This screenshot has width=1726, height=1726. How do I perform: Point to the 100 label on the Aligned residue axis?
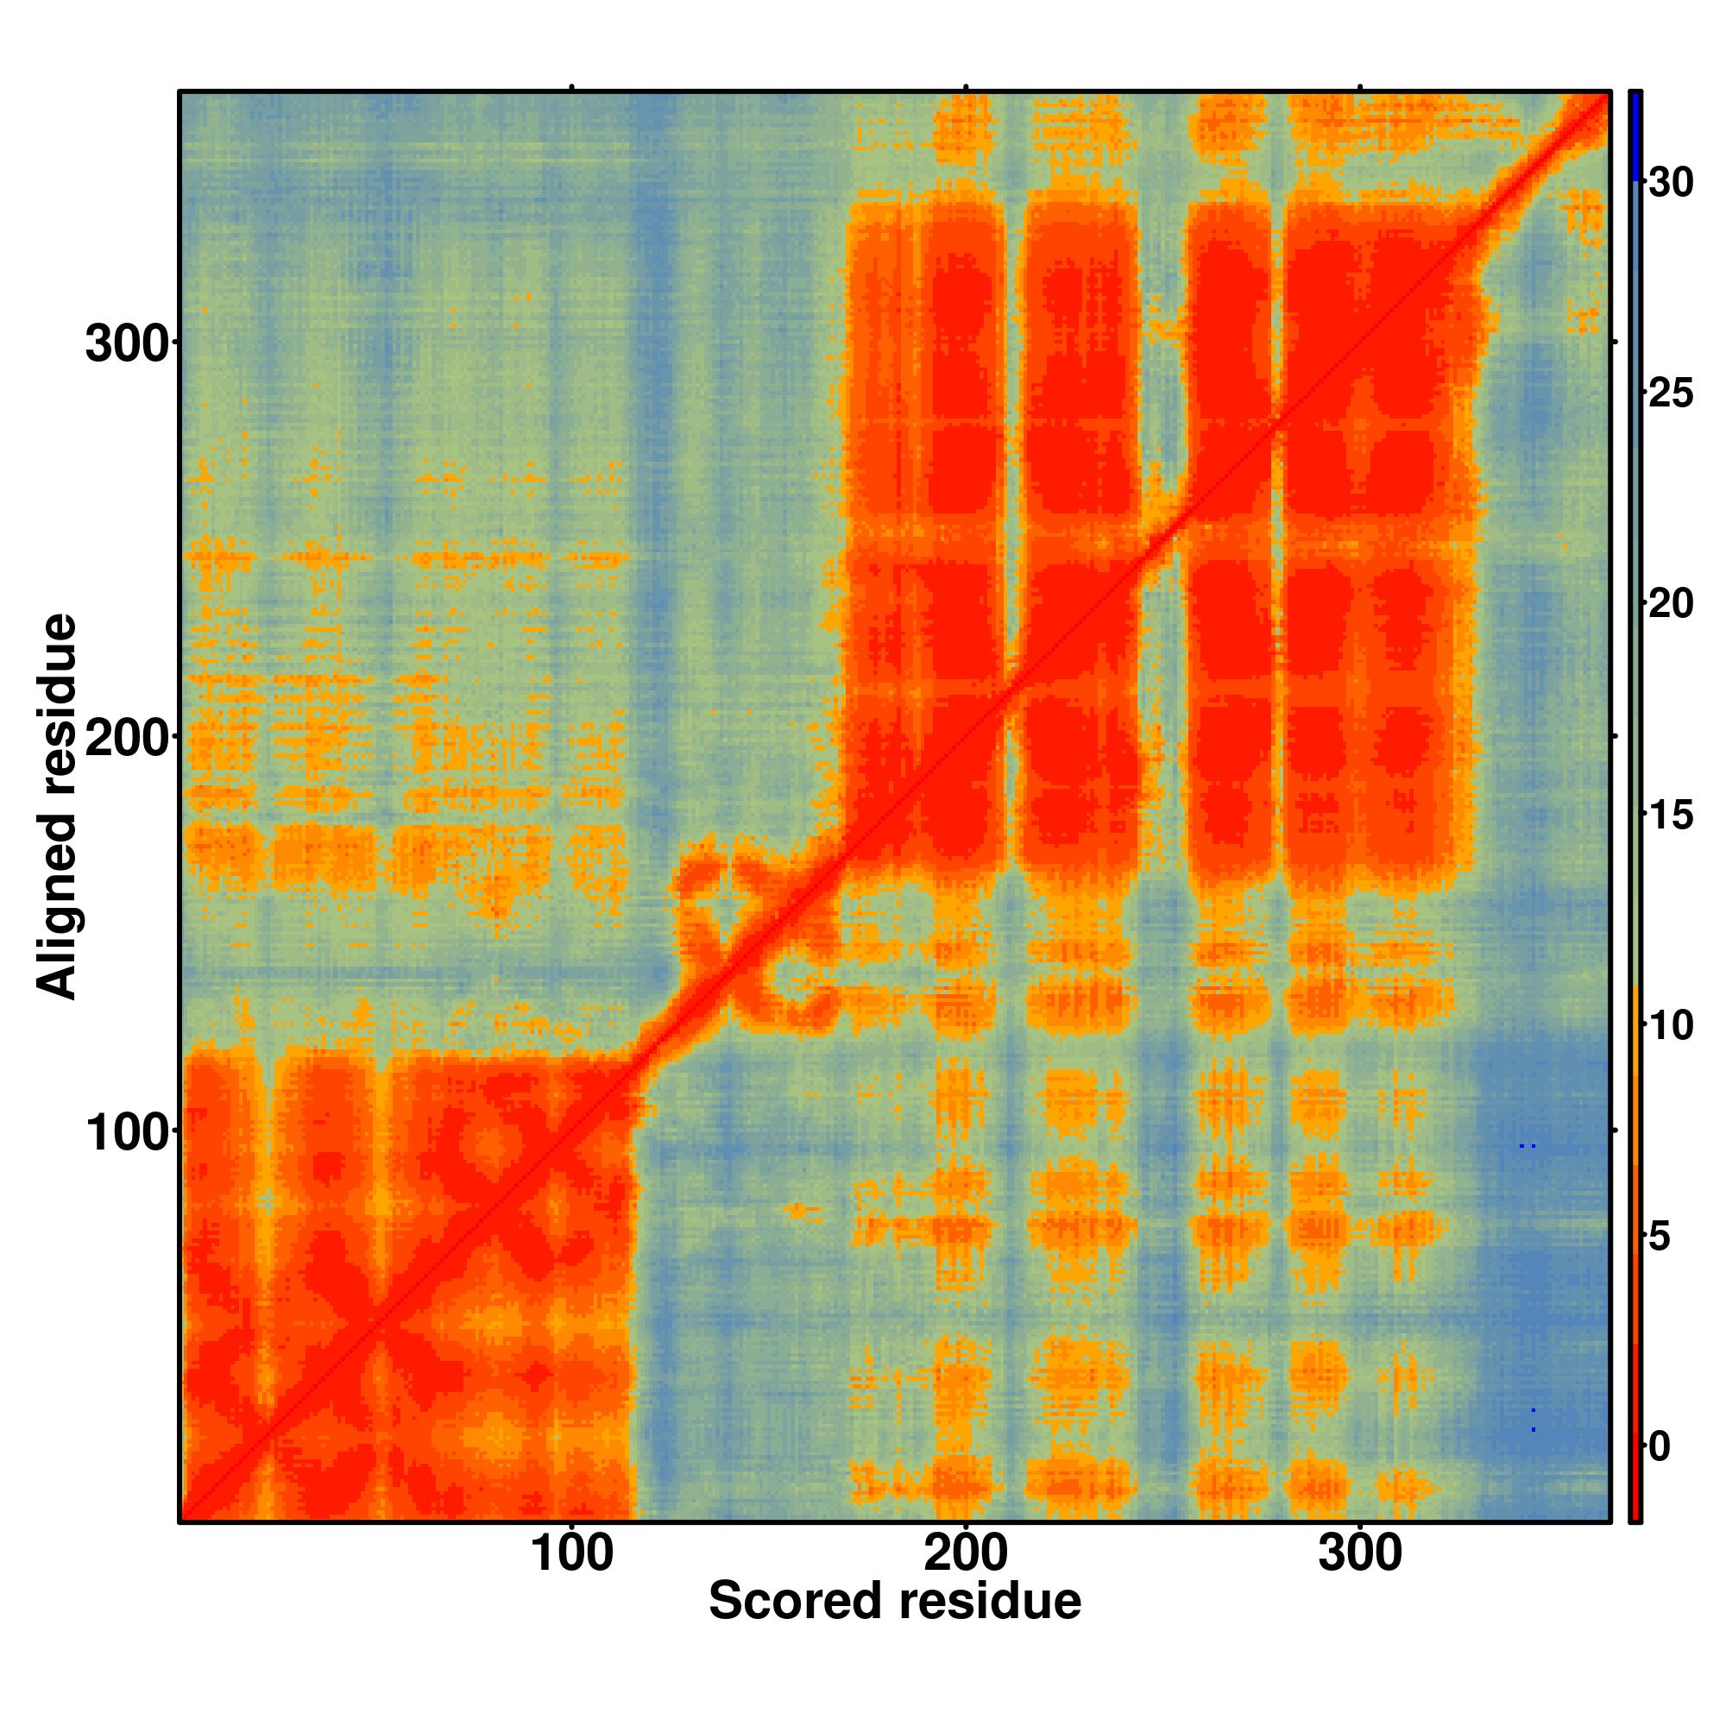pyautogui.click(x=127, y=1135)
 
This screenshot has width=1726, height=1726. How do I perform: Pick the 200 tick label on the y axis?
pyautogui.click(x=127, y=740)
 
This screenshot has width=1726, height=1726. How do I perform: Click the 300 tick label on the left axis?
pyautogui.click(x=127, y=345)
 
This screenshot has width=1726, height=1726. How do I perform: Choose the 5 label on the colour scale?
pyautogui.click(x=1659, y=1238)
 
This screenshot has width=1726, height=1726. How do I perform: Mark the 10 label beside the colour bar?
pyautogui.click(x=1669, y=1026)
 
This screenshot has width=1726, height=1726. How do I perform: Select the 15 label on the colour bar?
pyautogui.click(x=1669, y=816)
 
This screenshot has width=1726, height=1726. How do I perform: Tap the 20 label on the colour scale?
pyautogui.click(x=1669, y=605)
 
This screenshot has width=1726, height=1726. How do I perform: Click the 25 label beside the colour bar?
pyautogui.click(x=1669, y=394)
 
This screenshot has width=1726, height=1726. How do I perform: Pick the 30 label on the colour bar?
pyautogui.click(x=1669, y=183)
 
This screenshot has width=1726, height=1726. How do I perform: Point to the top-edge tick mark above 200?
pyautogui.click(x=966, y=87)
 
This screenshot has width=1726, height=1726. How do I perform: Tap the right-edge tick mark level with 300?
pyautogui.click(x=1616, y=341)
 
